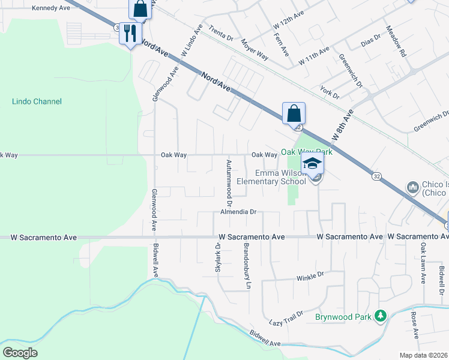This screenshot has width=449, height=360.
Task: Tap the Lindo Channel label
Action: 37,101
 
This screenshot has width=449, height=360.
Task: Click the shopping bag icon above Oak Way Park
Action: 294,113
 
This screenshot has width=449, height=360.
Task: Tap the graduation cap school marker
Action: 312,163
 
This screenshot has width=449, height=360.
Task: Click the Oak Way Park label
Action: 307,152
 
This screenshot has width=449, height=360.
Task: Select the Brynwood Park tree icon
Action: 379,316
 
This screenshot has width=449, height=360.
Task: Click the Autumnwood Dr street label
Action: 229,178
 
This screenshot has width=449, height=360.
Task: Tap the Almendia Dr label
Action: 238,212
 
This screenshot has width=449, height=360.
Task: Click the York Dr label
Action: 330,92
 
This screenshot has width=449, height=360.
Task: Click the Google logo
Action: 20,352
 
